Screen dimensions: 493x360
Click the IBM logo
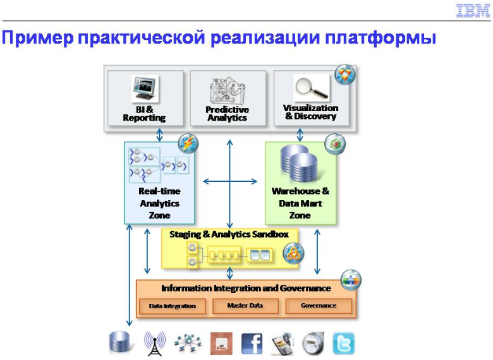pos(473,11)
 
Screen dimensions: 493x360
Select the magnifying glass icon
pos(312,87)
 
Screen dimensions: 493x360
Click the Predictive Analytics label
pos(228,114)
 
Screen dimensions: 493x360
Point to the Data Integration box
pos(173,306)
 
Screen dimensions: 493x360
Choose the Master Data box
pos(245,306)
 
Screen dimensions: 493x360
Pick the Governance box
pos(319,306)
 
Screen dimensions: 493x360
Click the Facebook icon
pos(252,344)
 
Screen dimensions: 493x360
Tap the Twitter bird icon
pos(343,344)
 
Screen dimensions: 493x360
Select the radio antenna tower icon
pos(155,344)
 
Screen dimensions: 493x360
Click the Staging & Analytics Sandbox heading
pos(229,235)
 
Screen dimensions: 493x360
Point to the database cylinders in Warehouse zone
pos(299,163)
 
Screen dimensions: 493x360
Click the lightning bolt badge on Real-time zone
pos(188,144)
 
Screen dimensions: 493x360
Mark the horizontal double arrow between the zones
pos(230,181)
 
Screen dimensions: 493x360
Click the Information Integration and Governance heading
pos(246,289)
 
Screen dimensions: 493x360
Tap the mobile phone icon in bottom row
pos(282,344)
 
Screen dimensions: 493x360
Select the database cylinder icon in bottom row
pos(119,342)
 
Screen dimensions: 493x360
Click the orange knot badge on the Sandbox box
pos(293,253)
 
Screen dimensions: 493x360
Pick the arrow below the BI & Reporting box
pos(160,135)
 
